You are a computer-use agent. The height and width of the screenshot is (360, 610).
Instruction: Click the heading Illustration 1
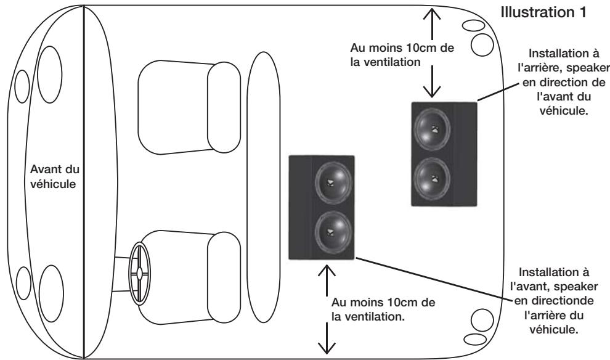coord(556,13)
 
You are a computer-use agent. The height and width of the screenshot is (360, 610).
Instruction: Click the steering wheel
coord(140,271)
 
